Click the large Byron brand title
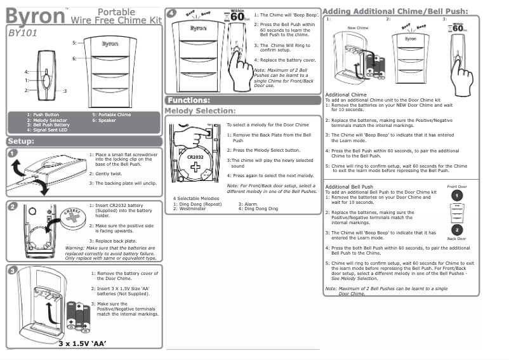[x=34, y=15]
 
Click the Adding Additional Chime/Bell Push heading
[x=395, y=11]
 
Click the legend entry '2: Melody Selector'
[x=47, y=120]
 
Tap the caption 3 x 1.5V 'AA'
[x=82, y=343]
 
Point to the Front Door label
[x=457, y=187]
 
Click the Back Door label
[x=457, y=239]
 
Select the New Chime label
[x=358, y=29]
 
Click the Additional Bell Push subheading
[x=349, y=187]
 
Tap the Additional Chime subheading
[x=345, y=95]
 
